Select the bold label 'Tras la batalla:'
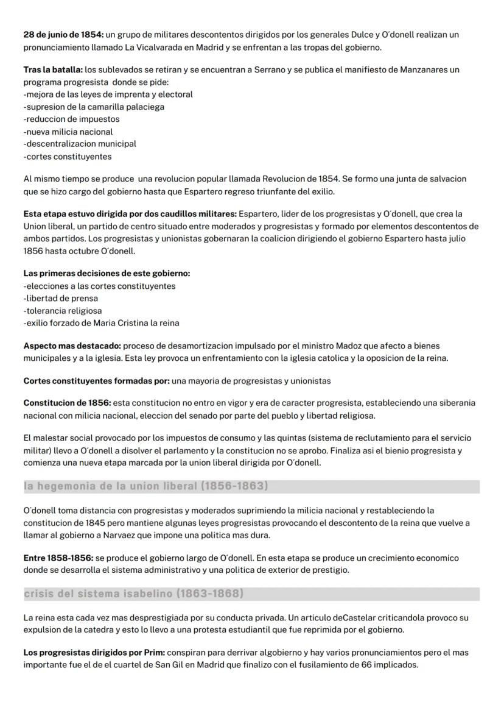click(52, 69)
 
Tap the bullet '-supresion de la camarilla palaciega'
click(94, 107)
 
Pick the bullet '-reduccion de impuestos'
click(71, 119)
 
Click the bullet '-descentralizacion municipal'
click(80, 144)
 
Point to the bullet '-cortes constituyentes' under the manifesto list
click(68, 157)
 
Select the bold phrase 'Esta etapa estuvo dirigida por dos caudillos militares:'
click(130, 214)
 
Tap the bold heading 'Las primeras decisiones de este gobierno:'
click(107, 274)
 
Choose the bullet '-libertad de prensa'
click(61, 298)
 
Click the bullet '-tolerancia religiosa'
click(63, 311)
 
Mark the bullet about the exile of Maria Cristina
click(101, 323)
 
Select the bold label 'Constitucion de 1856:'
click(67, 403)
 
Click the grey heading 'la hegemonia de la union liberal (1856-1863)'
click(146, 486)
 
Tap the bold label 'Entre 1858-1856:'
click(58, 558)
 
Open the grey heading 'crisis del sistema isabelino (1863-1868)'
click(133, 594)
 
